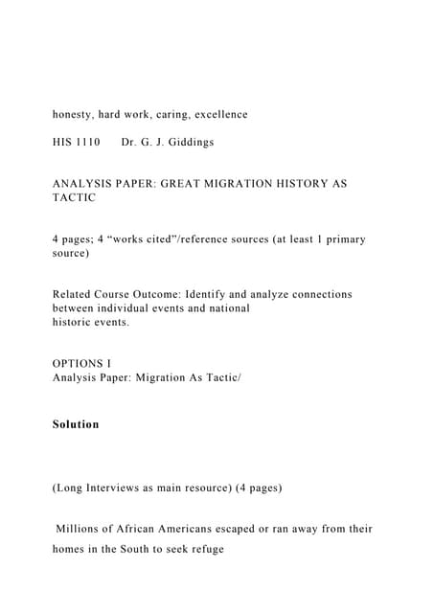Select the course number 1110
87,142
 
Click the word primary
344,238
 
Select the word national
227,308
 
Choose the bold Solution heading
76,423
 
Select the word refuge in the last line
203,550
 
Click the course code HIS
63,142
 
